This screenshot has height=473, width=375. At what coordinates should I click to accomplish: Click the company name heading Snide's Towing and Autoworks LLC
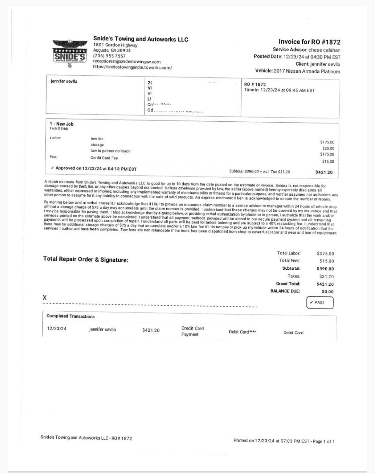pos(141,39)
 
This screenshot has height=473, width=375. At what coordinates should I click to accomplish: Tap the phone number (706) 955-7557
pos(109,56)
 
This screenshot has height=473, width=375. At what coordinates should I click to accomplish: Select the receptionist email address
pos(127,62)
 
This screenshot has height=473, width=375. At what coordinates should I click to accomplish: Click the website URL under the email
pos(132,68)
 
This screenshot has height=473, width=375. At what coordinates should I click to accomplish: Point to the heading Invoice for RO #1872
pos(309,42)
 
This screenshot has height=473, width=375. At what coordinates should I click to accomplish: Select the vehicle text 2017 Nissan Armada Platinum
pos(307,71)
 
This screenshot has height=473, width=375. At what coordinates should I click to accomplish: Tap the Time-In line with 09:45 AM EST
pos(279,90)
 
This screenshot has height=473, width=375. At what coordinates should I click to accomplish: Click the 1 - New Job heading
pos(62,124)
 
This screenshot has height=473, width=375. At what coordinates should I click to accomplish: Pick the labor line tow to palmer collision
pos(110,151)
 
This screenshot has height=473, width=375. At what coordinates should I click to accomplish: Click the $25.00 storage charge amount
pos(328,148)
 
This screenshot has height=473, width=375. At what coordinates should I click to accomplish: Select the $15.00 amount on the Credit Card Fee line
pos(328,161)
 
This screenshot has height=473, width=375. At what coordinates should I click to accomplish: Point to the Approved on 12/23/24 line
pos(94,168)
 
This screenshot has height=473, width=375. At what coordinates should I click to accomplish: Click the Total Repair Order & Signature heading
pos(86,260)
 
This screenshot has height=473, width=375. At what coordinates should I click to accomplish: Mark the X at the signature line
pos(45,298)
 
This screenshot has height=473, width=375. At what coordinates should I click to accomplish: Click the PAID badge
pos(320,303)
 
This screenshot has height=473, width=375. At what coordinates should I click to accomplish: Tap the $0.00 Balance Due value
pos(328,292)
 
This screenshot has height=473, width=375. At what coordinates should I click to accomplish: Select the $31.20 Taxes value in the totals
pos(326,276)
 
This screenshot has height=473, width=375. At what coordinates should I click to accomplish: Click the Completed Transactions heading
pos(71,316)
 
